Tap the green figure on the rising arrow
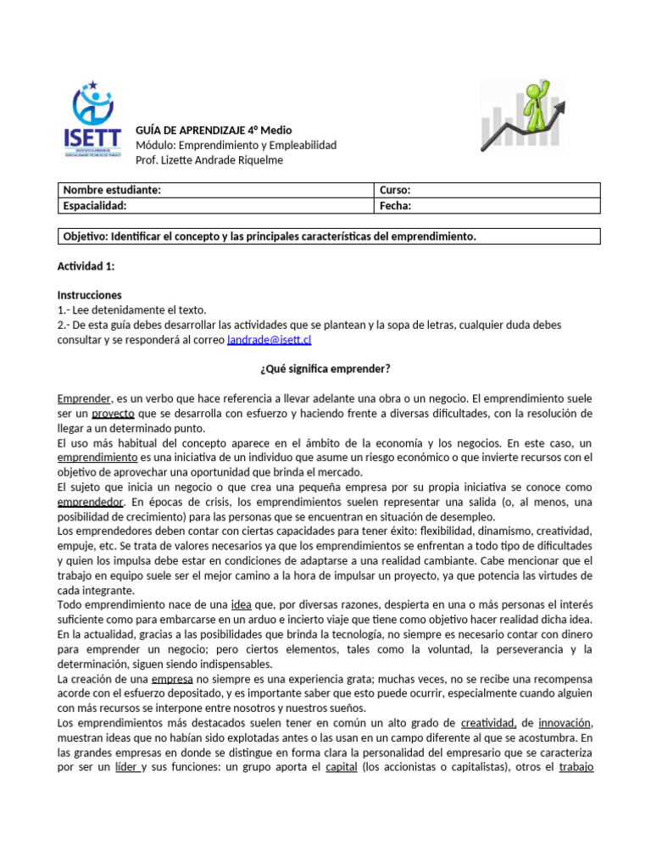pyautogui.click(x=536, y=98)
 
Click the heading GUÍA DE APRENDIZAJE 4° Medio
pyautogui.click(x=214, y=131)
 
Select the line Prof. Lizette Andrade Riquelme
pyautogui.click(x=215, y=160)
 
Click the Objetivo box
pyautogui.click(x=328, y=236)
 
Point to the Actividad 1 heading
pyautogui.click(x=86, y=266)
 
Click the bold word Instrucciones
pyautogui.click(x=90, y=295)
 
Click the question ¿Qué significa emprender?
pyautogui.click(x=325, y=369)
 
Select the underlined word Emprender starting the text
pyautogui.click(x=84, y=398)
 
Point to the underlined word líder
pyautogui.click(x=125, y=766)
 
